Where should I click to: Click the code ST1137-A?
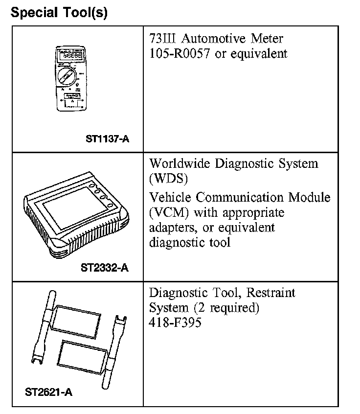107,139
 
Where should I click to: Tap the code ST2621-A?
48,392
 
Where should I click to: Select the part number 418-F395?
175,323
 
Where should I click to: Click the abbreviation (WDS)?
169,179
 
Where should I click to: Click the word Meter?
266,38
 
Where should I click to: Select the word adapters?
171,228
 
